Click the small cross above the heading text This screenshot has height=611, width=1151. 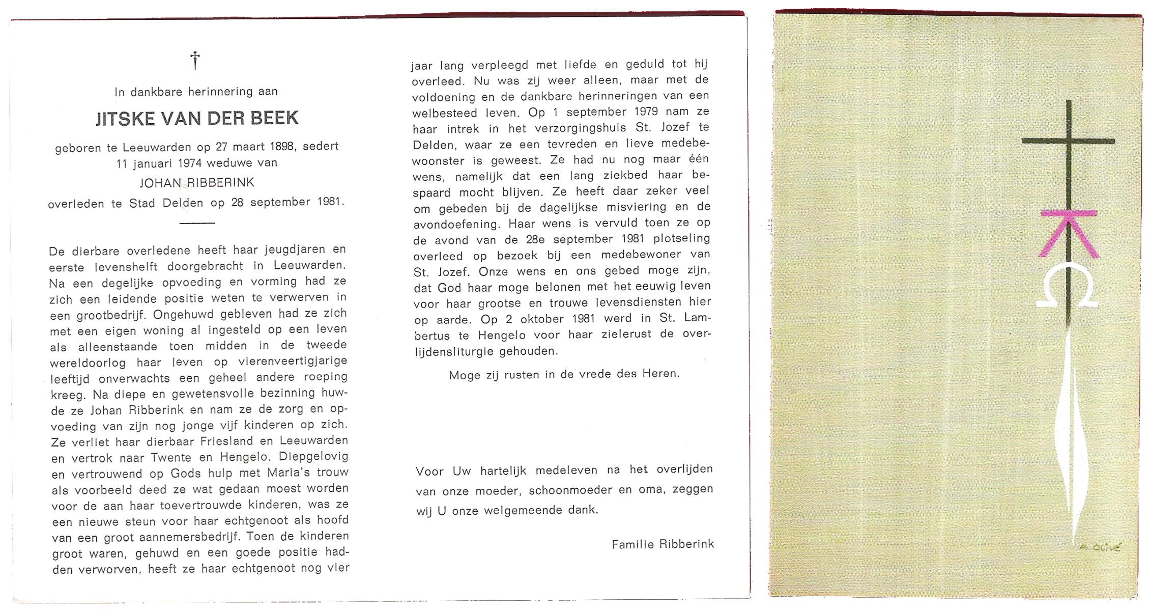point(195,60)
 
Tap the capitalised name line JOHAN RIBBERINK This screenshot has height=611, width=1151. point(197,183)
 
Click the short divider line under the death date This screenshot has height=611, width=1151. point(197,223)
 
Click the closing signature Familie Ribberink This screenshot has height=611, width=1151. point(663,544)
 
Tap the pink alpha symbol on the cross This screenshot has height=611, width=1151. point(1068,233)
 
